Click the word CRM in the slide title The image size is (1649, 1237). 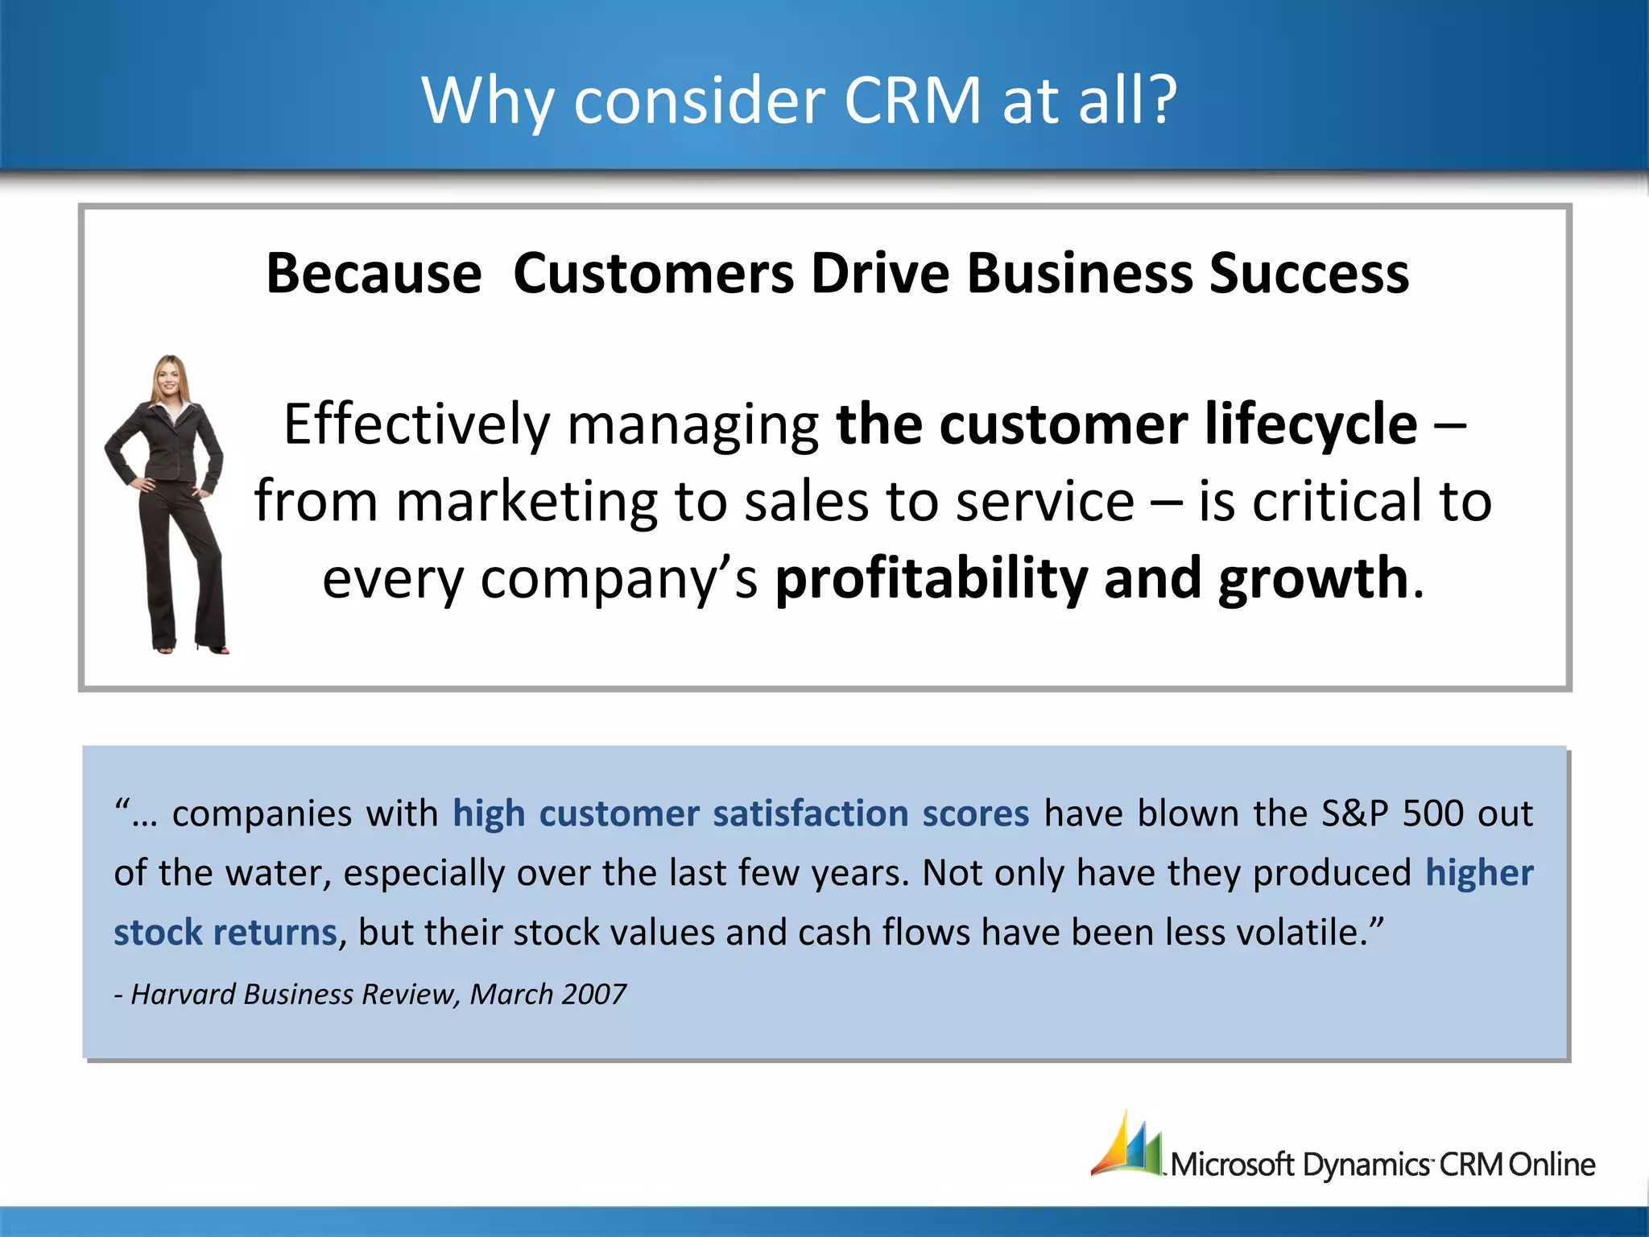(x=911, y=101)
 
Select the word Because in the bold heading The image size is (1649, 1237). (x=374, y=274)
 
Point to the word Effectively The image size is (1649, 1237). (x=416, y=424)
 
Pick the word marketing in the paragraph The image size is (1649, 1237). (x=525, y=502)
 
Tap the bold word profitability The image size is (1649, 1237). (x=930, y=578)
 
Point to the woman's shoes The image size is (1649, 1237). (x=189, y=646)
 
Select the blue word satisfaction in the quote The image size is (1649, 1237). (x=810, y=813)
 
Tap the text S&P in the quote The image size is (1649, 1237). (x=1354, y=813)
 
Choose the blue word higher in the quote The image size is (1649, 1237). (x=1479, y=873)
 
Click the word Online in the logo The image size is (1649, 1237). (x=1552, y=1165)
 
